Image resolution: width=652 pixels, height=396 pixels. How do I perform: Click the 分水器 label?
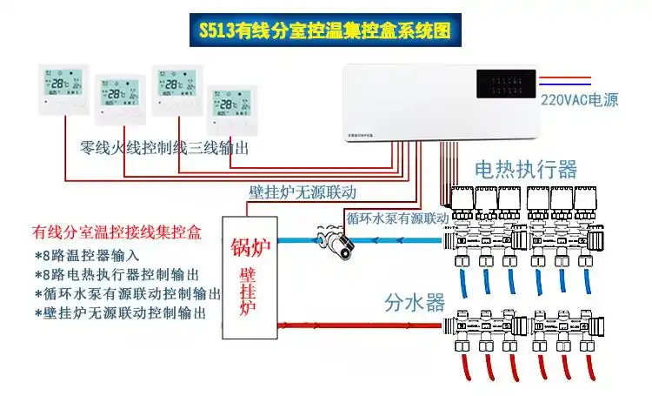415,302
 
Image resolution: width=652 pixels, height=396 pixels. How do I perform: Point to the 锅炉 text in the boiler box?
250,248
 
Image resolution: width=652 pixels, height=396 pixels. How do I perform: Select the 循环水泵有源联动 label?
396,217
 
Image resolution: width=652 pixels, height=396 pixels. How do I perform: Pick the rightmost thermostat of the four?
233,105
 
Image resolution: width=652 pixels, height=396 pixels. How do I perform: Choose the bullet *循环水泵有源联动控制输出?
128,293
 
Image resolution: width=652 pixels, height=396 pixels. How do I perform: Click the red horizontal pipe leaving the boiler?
356,326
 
